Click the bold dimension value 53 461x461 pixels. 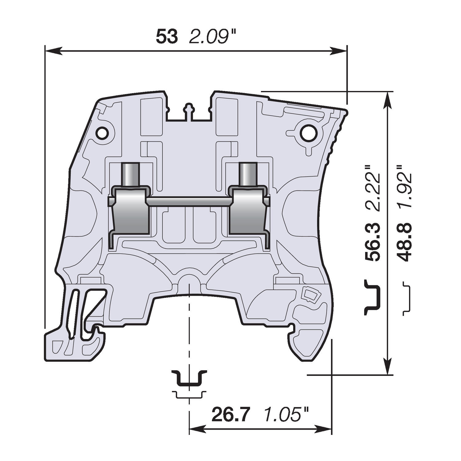tap(167, 37)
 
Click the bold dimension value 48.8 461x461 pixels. tap(404, 242)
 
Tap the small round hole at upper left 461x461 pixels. tap(102, 133)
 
